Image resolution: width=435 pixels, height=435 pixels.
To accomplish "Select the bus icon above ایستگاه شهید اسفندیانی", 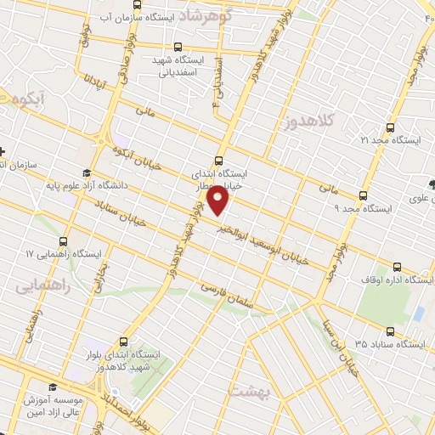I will click(x=177, y=48).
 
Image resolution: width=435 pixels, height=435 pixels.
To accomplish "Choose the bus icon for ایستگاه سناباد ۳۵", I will click(x=390, y=332).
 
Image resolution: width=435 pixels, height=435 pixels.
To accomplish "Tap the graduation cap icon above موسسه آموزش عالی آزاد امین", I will click(x=52, y=387).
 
